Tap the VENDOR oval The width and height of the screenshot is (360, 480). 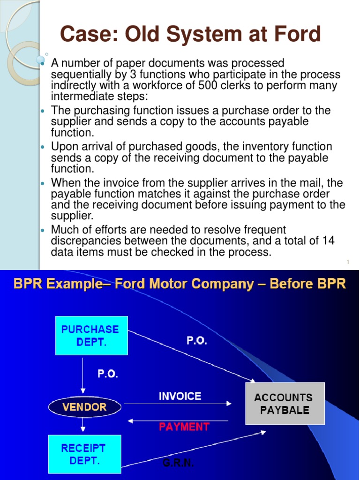tap(84, 406)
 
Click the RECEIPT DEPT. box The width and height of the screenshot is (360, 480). tap(84, 454)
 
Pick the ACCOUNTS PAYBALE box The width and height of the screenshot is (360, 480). tap(285, 404)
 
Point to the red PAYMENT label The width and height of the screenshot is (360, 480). tap(184, 427)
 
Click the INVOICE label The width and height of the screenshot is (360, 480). tap(180, 396)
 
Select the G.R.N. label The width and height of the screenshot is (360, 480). tap(178, 463)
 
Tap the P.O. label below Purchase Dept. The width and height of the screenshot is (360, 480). tap(108, 374)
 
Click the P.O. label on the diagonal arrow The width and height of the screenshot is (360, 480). tap(196, 341)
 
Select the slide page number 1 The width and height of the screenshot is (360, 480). tap(349, 262)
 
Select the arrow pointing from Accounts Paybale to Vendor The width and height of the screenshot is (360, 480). tap(178, 420)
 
